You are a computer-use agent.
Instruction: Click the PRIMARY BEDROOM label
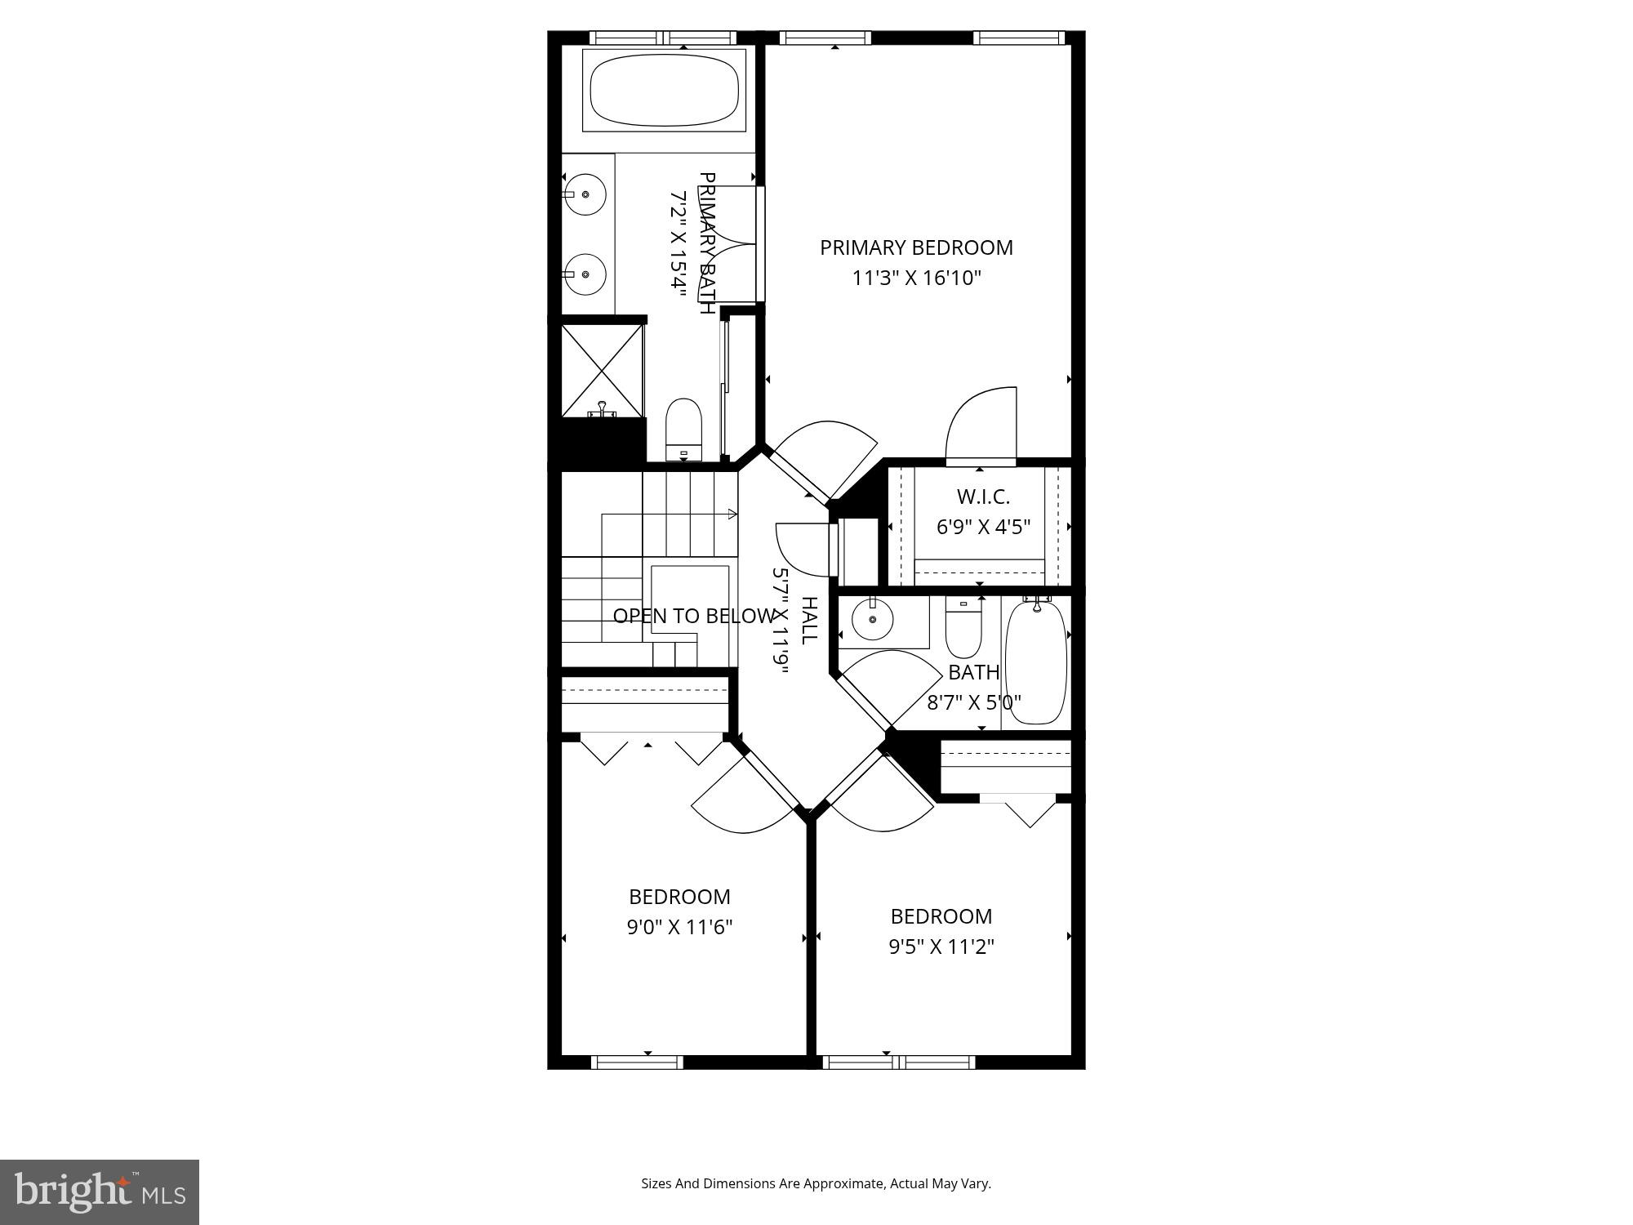click(916, 247)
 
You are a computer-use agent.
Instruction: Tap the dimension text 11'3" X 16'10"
click(916, 278)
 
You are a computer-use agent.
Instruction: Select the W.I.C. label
click(983, 497)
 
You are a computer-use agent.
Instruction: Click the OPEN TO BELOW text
click(693, 616)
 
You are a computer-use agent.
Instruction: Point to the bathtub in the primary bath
click(664, 90)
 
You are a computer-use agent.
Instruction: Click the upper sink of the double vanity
click(585, 194)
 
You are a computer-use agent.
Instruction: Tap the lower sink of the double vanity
click(585, 274)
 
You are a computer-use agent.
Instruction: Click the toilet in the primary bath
click(684, 429)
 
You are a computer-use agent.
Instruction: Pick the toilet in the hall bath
click(964, 629)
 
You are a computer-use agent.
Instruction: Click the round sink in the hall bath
click(872, 621)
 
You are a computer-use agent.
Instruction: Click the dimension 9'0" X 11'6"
click(679, 928)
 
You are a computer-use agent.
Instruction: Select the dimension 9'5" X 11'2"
click(941, 947)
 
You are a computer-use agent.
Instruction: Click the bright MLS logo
click(100, 1192)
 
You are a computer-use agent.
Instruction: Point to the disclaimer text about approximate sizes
click(816, 1183)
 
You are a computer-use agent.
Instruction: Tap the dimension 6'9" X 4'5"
click(983, 528)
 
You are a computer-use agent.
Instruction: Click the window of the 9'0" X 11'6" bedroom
click(636, 1062)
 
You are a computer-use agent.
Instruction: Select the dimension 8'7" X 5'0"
click(974, 702)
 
